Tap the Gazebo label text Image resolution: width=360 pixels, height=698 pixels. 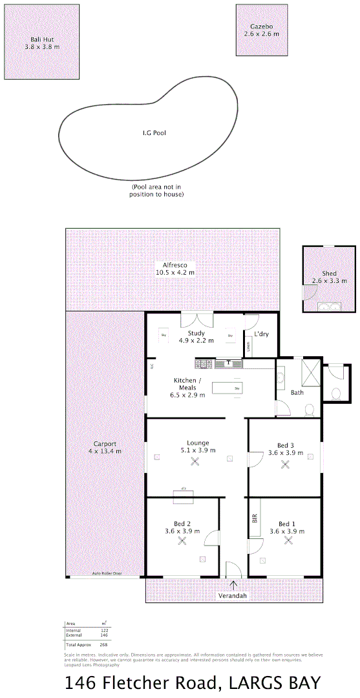coord(261,26)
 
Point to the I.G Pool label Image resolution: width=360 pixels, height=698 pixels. coord(154,133)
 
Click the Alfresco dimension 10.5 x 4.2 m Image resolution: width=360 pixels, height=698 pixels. coord(175,273)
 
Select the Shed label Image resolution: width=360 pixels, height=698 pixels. coord(329,273)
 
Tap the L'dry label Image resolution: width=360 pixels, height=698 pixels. coord(261,333)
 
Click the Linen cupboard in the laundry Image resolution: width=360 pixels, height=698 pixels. coord(249,346)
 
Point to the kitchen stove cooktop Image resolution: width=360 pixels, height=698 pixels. coord(205,363)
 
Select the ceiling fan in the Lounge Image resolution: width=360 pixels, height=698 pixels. coord(195,461)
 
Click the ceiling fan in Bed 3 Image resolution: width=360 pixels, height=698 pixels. coord(285,463)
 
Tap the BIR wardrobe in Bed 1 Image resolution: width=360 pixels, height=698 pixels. coord(254,518)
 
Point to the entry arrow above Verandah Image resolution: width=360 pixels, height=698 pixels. coord(233,585)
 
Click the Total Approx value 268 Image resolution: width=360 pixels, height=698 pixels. coord(103,645)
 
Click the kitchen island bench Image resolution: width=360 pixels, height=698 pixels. coord(228,388)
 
